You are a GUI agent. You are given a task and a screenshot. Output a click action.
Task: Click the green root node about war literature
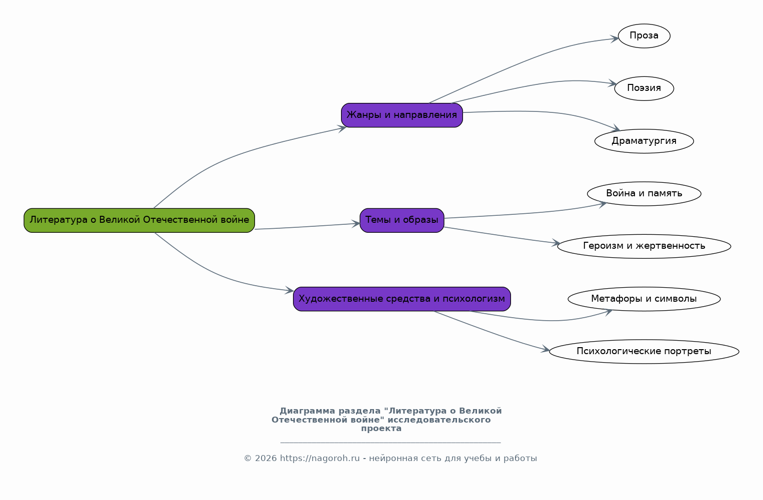click(139, 220)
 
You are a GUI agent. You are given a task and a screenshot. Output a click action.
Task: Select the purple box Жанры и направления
click(402, 115)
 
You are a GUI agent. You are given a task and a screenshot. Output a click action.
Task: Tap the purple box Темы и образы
click(402, 220)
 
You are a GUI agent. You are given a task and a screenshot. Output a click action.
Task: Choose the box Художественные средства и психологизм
click(402, 299)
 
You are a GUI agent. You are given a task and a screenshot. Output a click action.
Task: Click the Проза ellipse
click(644, 36)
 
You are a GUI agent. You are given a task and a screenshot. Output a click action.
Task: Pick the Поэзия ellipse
click(644, 88)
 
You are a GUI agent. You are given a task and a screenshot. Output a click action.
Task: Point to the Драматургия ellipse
click(644, 141)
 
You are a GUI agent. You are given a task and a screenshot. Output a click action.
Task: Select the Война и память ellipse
click(644, 194)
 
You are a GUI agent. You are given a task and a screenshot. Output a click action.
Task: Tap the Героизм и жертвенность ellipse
click(644, 246)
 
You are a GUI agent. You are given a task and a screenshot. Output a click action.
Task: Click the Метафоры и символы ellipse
click(644, 299)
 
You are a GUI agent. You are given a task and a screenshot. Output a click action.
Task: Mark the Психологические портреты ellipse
click(644, 351)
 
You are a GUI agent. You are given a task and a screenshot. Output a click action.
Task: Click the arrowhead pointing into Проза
click(614, 38)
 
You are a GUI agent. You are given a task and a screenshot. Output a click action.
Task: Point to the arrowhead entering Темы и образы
click(356, 224)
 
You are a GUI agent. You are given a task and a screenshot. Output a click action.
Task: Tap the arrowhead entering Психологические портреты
click(545, 349)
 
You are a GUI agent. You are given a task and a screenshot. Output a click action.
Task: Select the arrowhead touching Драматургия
click(615, 128)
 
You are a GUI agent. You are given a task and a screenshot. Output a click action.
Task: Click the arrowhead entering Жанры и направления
click(342, 129)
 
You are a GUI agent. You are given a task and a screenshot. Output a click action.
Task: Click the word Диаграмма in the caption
click(307, 411)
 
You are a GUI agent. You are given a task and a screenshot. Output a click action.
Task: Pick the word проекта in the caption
click(381, 429)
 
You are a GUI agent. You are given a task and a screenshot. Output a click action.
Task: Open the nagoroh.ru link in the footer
click(320, 459)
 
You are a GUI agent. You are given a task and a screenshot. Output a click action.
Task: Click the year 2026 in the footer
click(265, 459)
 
